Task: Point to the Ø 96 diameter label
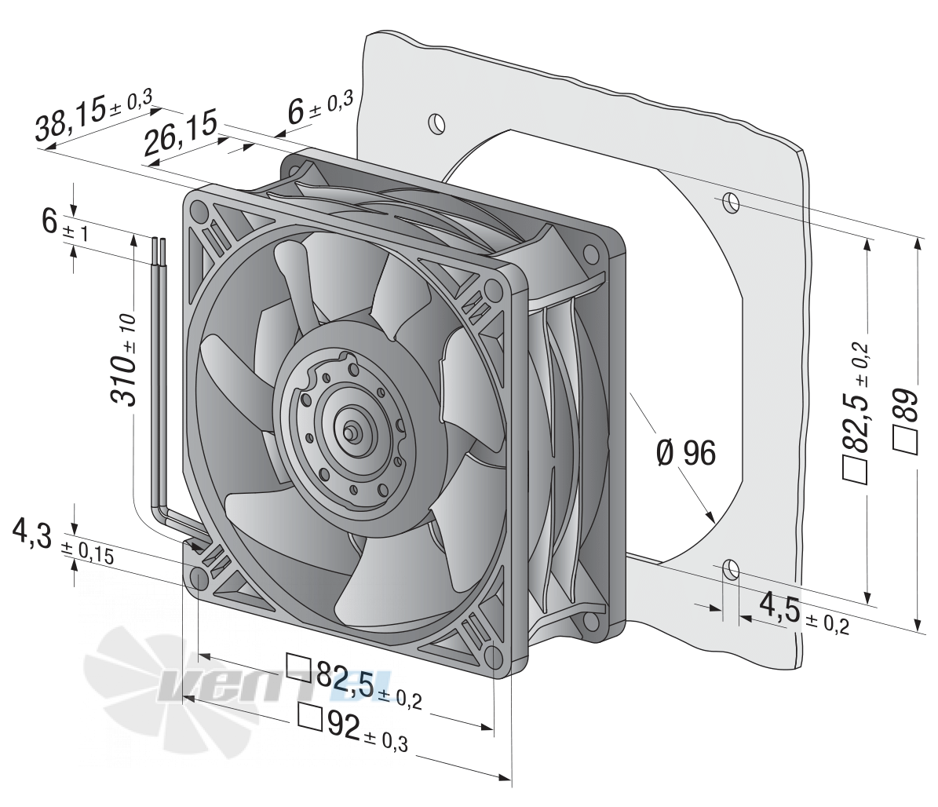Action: [x=685, y=453]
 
